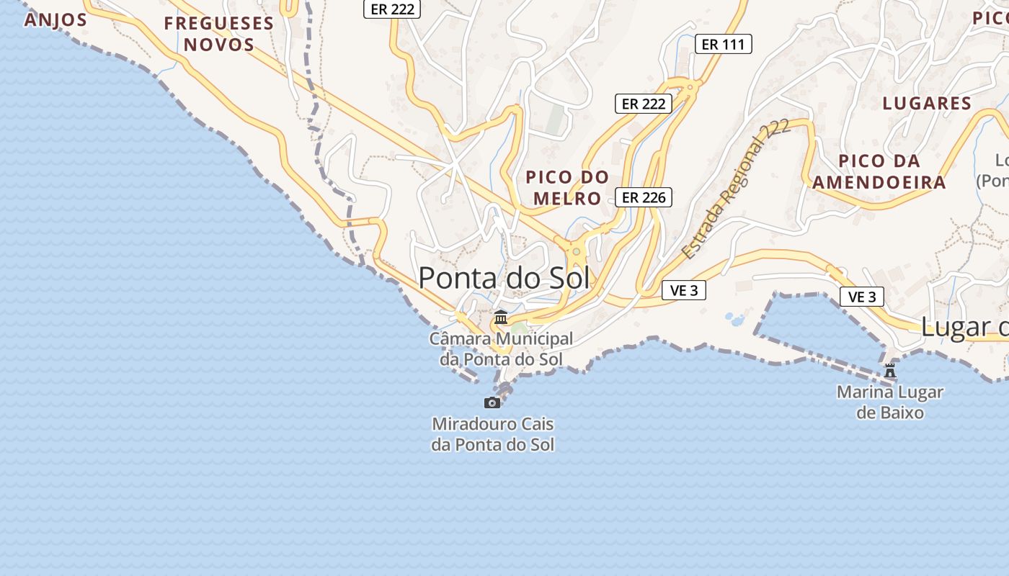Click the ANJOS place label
tap(55, 19)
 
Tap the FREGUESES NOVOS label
tap(219, 34)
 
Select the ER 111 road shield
tap(723, 45)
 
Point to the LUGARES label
tap(927, 103)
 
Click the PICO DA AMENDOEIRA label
tap(879, 171)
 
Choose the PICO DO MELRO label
tap(567, 187)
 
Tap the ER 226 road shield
tap(643, 197)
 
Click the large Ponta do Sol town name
tap(504, 278)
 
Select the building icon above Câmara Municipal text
tap(500, 317)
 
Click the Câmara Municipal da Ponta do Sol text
tap(502, 348)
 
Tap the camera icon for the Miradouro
tap(492, 402)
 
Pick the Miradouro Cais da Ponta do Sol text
tap(493, 434)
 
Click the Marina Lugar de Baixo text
tap(890, 402)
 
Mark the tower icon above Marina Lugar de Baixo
tap(890, 371)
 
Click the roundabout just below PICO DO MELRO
tap(576, 252)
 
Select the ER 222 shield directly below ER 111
tap(643, 104)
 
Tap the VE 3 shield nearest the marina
tap(861, 297)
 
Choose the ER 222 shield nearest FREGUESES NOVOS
tap(391, 9)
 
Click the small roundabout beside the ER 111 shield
tap(690, 87)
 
